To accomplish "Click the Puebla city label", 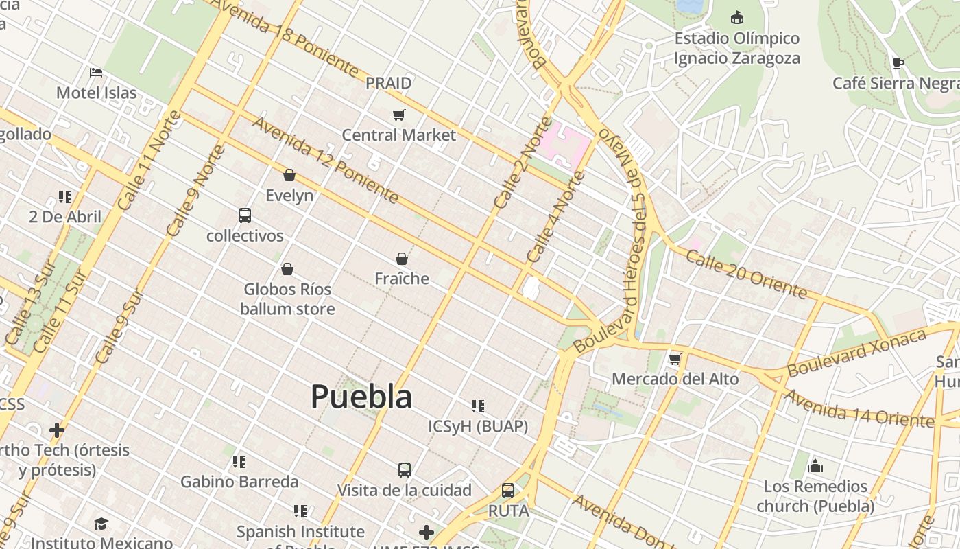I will point(361,397).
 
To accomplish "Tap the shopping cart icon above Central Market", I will point(398,115).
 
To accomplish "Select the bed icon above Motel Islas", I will point(96,72).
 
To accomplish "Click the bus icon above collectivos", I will point(245,215).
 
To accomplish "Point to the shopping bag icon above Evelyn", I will point(289,175).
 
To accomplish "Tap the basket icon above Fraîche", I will point(402,259).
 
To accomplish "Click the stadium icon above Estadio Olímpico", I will point(737,17).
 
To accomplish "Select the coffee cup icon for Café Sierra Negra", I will point(898,64).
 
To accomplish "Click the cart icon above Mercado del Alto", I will point(675,359).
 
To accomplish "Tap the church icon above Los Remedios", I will point(815,467).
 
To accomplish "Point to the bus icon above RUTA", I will point(508,491).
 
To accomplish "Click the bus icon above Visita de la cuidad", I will point(405,470).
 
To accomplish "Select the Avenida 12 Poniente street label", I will point(325,160).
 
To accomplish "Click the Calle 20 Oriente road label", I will point(746,274).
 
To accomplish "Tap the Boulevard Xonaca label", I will point(856,352).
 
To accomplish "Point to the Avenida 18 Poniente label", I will point(285,37).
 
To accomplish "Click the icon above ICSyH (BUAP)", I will point(478,406).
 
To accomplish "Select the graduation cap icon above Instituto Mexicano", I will point(101,524).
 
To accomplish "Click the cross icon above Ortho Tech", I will point(57,430).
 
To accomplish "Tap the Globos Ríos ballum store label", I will point(287,299).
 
